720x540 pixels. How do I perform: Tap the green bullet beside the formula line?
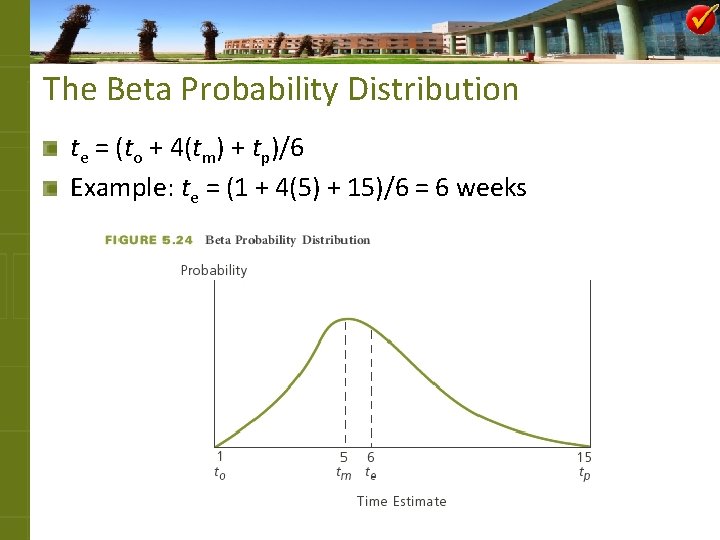[50, 149]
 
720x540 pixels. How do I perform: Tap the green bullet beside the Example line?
[50, 187]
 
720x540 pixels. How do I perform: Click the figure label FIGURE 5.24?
[149, 240]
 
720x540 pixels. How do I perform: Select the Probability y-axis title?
[213, 270]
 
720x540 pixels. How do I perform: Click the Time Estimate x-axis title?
[402, 501]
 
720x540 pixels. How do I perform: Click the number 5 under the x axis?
[343, 457]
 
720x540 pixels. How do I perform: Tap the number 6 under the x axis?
[370, 457]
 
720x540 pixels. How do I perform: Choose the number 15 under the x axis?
[584, 457]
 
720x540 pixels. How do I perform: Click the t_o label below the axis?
[220, 474]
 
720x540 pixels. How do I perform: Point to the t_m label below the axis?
[343, 474]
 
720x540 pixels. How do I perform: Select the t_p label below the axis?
[585, 474]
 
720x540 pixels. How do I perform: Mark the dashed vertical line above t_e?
[371, 385]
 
